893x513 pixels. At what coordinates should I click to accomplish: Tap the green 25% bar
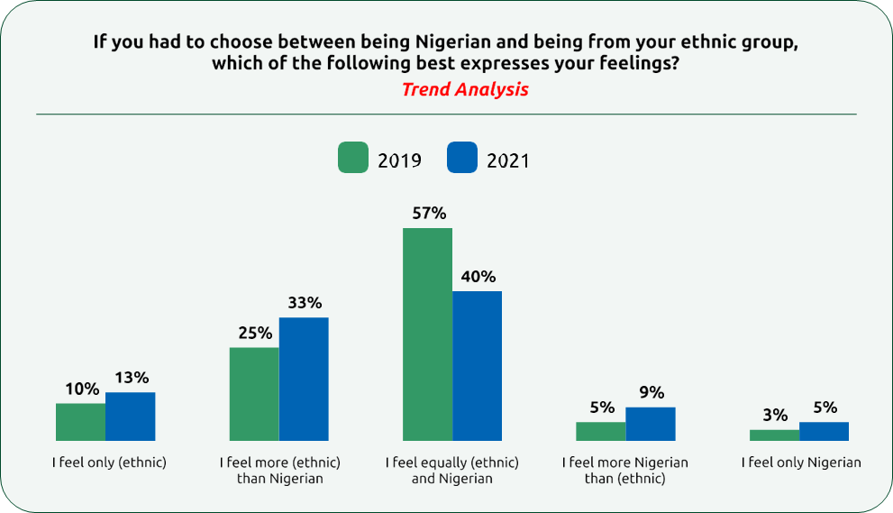click(x=254, y=394)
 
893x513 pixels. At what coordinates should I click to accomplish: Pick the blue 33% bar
click(x=304, y=379)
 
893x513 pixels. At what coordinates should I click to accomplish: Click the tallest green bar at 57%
click(x=427, y=334)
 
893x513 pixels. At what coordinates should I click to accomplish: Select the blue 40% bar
click(x=477, y=366)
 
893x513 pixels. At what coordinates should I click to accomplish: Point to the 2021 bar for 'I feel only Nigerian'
click(x=824, y=431)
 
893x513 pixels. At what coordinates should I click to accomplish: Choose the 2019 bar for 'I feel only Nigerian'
click(x=774, y=435)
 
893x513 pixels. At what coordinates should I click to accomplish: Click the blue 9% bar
click(x=650, y=424)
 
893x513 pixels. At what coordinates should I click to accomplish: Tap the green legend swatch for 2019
click(x=353, y=158)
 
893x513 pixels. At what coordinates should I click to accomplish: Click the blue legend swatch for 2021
click(x=462, y=158)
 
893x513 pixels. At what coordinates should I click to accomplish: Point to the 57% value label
click(x=427, y=215)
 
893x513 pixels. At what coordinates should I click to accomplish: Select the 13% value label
click(x=130, y=378)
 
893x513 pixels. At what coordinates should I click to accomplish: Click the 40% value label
click(x=478, y=277)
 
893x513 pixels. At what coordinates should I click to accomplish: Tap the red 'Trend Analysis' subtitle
click(x=465, y=90)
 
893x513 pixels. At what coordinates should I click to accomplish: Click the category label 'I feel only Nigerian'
click(x=801, y=463)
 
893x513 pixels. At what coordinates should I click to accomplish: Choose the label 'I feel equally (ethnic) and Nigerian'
click(x=452, y=471)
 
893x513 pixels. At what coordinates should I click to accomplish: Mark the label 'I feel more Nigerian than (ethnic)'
click(x=625, y=471)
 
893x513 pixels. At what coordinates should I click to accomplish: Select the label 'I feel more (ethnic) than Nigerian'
click(x=280, y=471)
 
